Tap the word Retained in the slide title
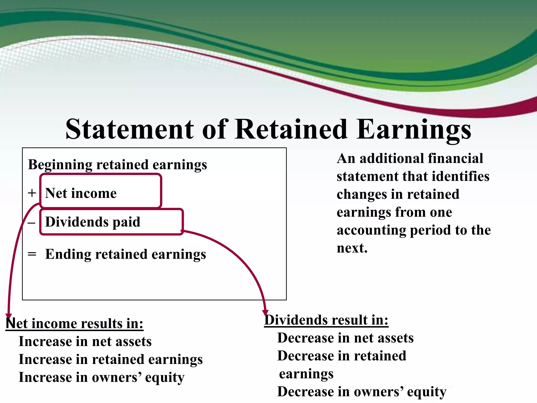tap(291, 129)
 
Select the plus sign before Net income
tap(32, 193)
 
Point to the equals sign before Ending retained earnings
tap(32, 254)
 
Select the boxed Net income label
tap(81, 193)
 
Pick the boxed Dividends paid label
tap(93, 222)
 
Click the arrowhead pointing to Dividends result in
tap(265, 312)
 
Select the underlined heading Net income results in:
tap(74, 324)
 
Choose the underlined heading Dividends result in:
tap(326, 320)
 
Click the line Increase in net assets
tap(85, 342)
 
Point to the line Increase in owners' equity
tap(101, 378)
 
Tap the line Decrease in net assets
tap(345, 338)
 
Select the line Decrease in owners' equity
tap(362, 392)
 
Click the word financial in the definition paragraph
tap(455, 158)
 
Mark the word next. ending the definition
tap(352, 248)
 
